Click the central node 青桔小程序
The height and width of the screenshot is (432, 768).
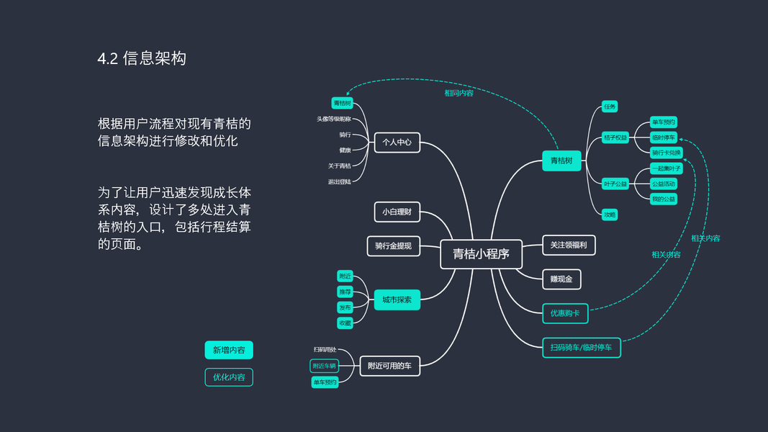coord(481,254)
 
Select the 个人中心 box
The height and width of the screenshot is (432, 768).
coord(397,143)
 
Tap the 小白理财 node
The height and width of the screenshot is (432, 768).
coord(397,212)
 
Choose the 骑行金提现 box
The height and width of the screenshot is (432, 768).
coord(393,246)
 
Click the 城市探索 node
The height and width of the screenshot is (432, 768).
coord(397,300)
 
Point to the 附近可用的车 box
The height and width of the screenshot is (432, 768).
coord(389,366)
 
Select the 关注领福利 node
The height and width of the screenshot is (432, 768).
coord(569,246)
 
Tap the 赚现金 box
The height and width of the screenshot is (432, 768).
coord(561,279)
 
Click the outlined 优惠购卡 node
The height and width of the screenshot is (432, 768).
coord(565,313)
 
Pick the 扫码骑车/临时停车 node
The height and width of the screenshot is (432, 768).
coord(581,348)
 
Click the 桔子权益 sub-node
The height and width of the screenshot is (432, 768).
coord(615,138)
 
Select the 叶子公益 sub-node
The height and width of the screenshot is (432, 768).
coord(615,184)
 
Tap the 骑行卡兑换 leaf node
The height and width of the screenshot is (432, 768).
coord(664,153)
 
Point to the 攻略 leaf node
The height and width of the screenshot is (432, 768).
coord(610,214)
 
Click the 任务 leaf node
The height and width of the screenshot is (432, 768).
coord(610,107)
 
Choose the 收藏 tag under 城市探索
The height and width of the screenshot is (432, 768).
coord(345,323)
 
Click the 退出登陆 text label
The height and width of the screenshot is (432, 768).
coord(340,181)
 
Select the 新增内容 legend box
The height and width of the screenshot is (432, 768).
coord(229,351)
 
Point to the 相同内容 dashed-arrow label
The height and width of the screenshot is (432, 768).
coord(458,93)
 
